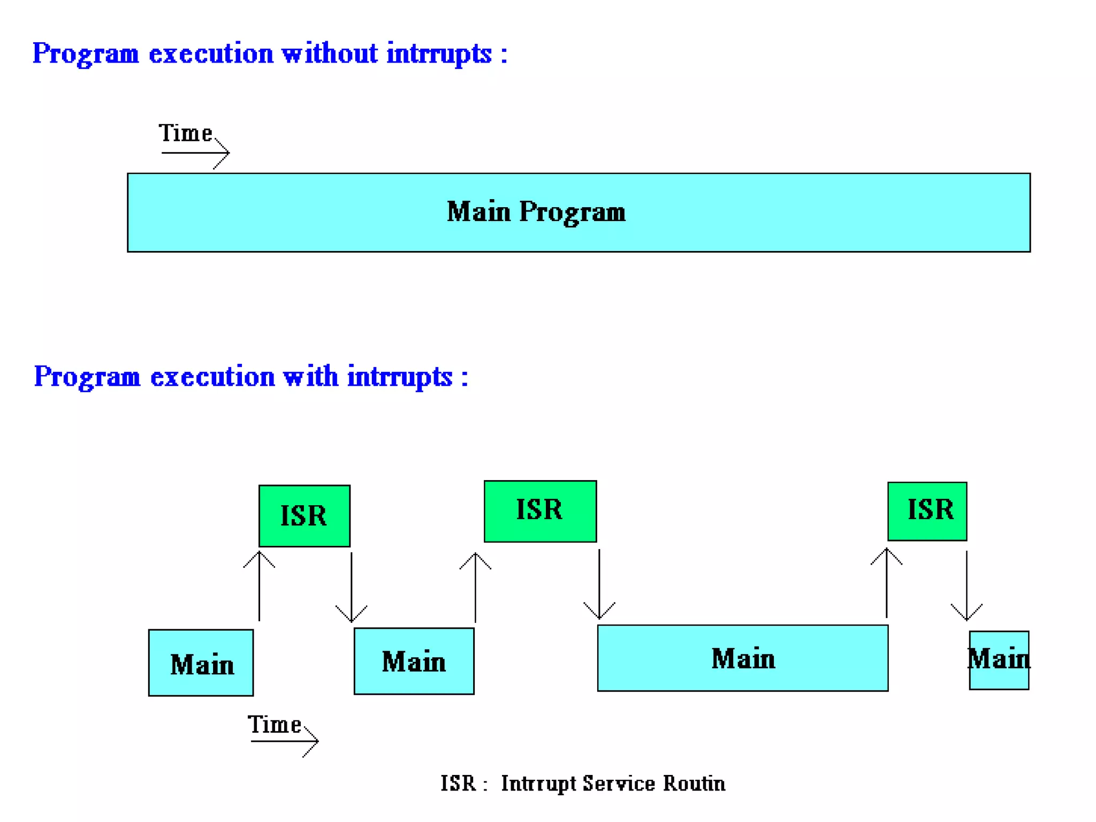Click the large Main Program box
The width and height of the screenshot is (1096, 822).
tap(578, 212)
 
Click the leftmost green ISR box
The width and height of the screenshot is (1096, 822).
tap(304, 516)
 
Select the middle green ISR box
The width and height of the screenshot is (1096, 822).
tap(539, 511)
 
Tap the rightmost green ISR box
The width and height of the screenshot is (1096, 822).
tap(927, 511)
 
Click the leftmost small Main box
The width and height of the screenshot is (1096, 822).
tap(201, 663)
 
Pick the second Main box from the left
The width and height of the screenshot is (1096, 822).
tap(414, 661)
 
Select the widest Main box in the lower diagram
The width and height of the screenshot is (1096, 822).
tap(742, 658)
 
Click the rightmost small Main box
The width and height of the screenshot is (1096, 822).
tap(999, 660)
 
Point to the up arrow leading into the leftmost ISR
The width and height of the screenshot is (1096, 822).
tap(260, 585)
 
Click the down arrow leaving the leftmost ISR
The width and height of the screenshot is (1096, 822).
tap(351, 587)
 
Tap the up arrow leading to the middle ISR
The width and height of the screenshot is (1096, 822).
tap(475, 587)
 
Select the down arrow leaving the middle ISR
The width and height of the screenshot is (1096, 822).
tap(599, 584)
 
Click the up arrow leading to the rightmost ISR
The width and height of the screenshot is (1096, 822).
tap(886, 583)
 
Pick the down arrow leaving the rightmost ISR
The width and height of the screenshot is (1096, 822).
tap(966, 585)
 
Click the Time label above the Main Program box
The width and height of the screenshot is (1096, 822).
tap(185, 133)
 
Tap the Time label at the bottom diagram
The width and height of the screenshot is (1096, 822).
tap(274, 725)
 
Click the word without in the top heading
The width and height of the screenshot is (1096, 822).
tap(330, 54)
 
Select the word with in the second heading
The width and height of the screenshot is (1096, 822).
tap(311, 376)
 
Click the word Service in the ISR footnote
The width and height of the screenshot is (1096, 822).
tap(618, 783)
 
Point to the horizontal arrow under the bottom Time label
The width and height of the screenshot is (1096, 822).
tap(284, 741)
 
